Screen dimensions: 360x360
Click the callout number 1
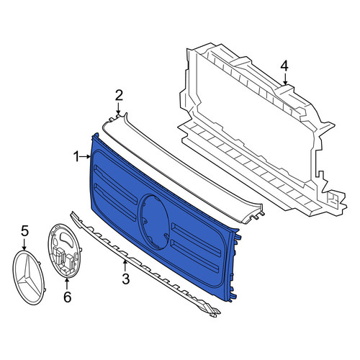coord(76,157)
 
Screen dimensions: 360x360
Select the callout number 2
coord(119,95)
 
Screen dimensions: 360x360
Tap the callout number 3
coord(125,279)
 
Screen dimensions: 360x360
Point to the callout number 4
coord(284,66)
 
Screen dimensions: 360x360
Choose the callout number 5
coord(24,231)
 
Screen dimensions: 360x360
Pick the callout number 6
coord(68,297)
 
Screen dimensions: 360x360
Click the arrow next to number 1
coord(86,157)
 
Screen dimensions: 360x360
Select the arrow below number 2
coord(118,108)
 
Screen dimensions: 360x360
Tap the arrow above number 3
coord(125,266)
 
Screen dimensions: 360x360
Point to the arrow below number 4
coord(285,78)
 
